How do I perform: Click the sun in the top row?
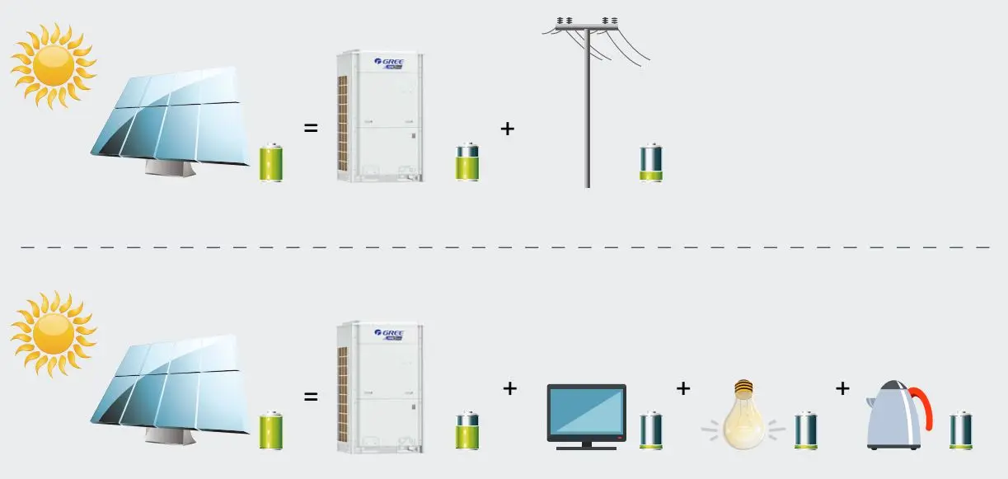(x=54, y=65)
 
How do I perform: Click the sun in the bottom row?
(x=54, y=333)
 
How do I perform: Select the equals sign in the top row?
(x=311, y=129)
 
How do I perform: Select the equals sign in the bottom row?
(x=311, y=397)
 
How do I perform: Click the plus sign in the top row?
(x=508, y=129)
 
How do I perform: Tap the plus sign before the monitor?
(x=509, y=388)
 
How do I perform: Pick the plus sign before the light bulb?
(x=682, y=388)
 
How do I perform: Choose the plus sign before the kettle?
(x=842, y=388)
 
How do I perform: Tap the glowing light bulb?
(x=743, y=416)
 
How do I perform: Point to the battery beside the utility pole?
(x=651, y=162)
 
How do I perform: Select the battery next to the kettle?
(x=961, y=430)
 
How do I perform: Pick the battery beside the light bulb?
(x=805, y=430)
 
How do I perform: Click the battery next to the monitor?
(x=651, y=430)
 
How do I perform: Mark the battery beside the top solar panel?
(x=271, y=162)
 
